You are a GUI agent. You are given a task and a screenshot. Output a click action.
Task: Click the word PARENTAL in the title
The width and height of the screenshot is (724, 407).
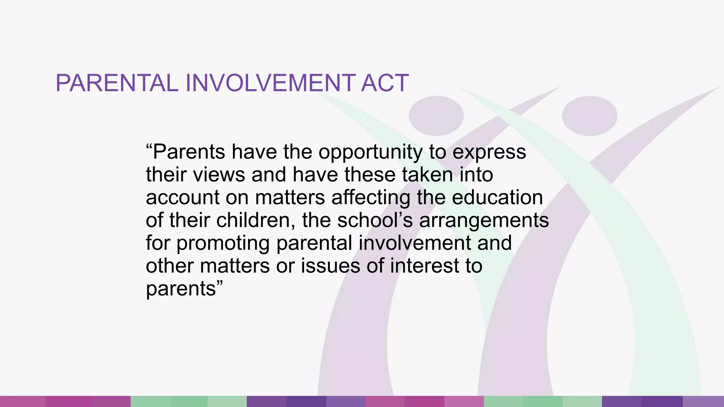(x=117, y=83)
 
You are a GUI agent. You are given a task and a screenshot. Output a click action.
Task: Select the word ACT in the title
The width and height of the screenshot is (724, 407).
(x=385, y=83)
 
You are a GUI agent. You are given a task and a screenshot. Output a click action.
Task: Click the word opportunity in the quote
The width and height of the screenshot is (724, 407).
(x=370, y=152)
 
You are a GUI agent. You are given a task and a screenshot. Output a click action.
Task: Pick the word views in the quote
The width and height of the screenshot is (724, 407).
(x=219, y=175)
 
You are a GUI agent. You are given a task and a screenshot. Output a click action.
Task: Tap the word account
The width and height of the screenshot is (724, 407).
(x=182, y=197)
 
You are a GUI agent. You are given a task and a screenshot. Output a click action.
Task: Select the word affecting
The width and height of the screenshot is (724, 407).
(x=371, y=197)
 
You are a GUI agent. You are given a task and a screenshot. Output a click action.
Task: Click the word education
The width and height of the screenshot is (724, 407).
(x=497, y=197)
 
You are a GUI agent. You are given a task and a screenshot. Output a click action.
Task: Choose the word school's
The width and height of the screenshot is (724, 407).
(x=375, y=220)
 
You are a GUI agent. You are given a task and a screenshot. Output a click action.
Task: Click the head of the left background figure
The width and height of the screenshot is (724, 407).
(x=436, y=116)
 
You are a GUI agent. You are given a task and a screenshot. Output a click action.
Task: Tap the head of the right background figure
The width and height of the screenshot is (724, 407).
(x=589, y=116)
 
